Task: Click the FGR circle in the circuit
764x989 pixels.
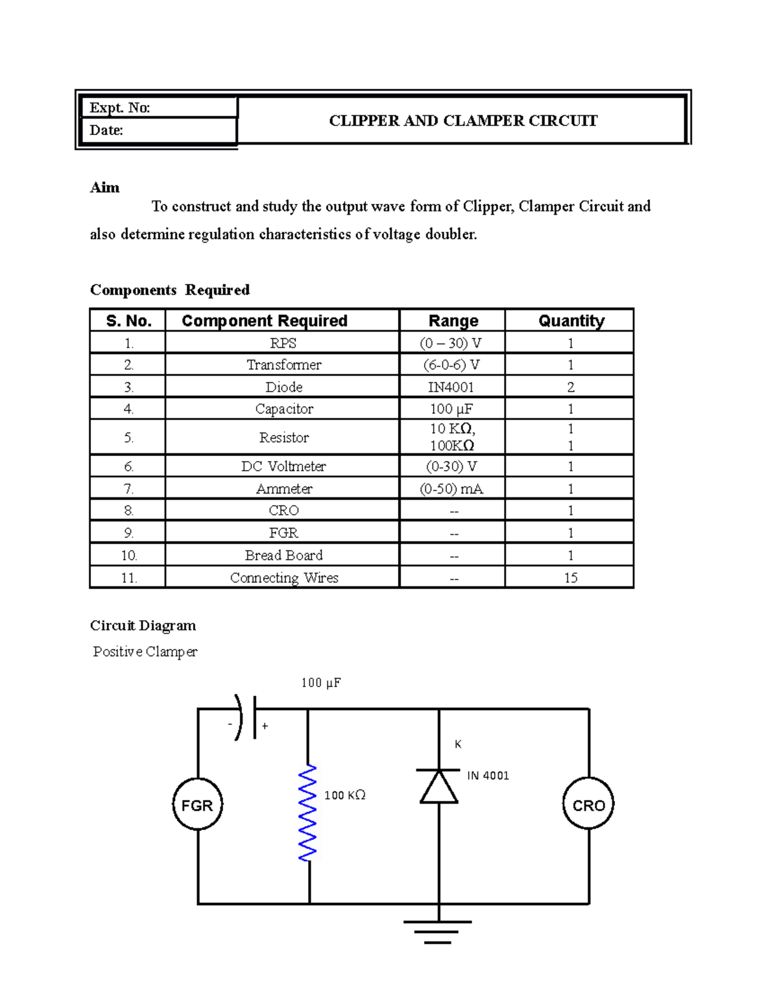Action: click(197, 805)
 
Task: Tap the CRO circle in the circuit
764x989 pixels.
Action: click(588, 805)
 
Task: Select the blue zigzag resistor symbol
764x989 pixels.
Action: click(308, 814)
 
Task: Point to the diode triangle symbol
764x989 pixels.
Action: click(439, 787)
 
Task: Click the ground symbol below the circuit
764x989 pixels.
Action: click(438, 931)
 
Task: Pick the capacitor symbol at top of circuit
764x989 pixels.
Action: click(247, 717)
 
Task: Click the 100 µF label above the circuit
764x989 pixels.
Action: click(321, 683)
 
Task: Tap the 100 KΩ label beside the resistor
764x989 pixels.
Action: click(344, 795)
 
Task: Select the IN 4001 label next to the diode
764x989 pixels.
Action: click(488, 775)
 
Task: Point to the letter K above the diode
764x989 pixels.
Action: click(458, 744)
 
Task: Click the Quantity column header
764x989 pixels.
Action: click(570, 320)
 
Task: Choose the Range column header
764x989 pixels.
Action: click(453, 320)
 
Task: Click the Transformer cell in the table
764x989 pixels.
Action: click(283, 365)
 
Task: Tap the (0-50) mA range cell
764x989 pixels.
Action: click(451, 488)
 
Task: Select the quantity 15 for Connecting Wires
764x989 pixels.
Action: click(570, 578)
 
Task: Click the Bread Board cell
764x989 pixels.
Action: click(283, 555)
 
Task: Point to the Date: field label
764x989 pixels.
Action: click(106, 130)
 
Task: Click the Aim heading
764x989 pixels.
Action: click(105, 187)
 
